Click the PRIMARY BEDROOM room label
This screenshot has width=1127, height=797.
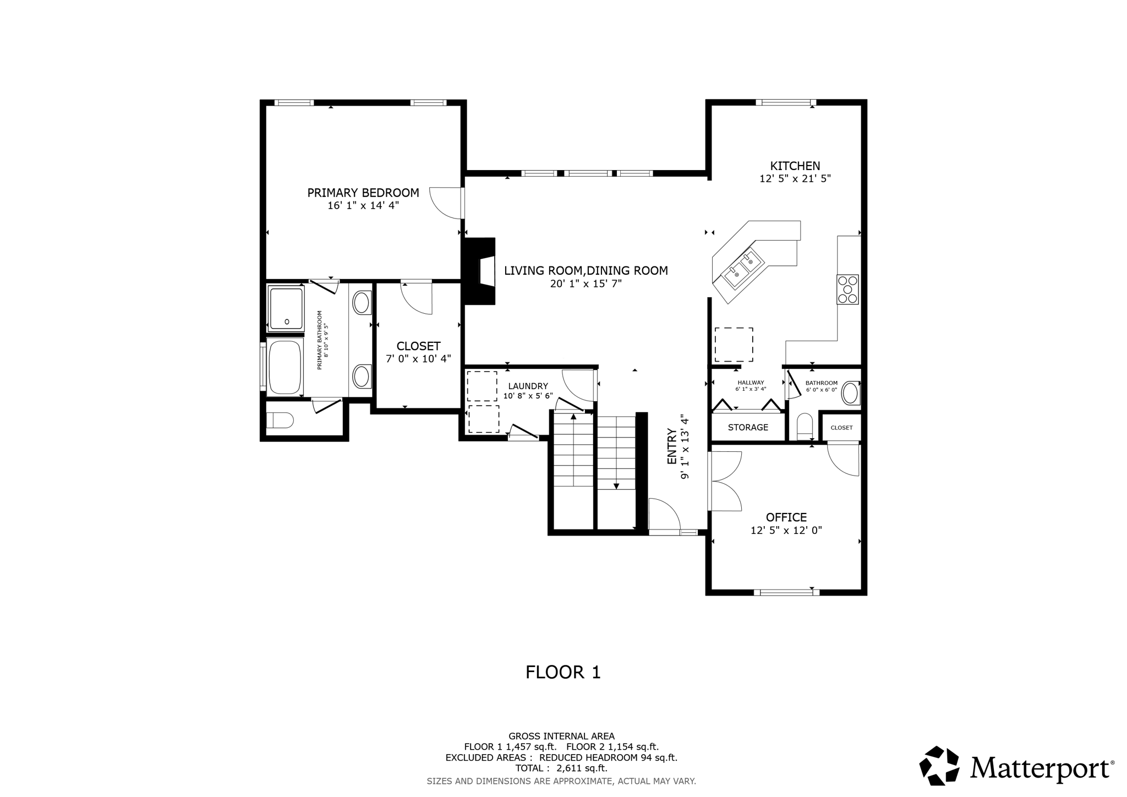pyautogui.click(x=363, y=193)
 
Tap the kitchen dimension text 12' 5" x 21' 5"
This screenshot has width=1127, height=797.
pyautogui.click(x=795, y=178)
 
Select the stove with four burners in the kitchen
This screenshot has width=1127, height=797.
pyautogui.click(x=847, y=289)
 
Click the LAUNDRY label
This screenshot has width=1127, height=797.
pyautogui.click(x=528, y=386)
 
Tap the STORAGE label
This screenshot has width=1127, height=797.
pyautogui.click(x=748, y=427)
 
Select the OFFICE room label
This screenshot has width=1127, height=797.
pyautogui.click(x=786, y=517)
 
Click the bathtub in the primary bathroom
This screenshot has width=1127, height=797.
pyautogui.click(x=285, y=367)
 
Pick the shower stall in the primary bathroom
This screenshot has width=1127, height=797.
pyautogui.click(x=286, y=308)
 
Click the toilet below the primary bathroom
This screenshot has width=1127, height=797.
pyautogui.click(x=280, y=421)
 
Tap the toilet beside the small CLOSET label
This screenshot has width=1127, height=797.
pyautogui.click(x=804, y=426)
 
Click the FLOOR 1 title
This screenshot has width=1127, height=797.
pyautogui.click(x=562, y=672)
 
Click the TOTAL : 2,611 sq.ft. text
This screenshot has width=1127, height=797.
pyautogui.click(x=561, y=768)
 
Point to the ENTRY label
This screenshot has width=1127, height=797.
pyautogui.click(x=671, y=446)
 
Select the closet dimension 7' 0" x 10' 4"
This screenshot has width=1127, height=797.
pyautogui.click(x=418, y=358)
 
